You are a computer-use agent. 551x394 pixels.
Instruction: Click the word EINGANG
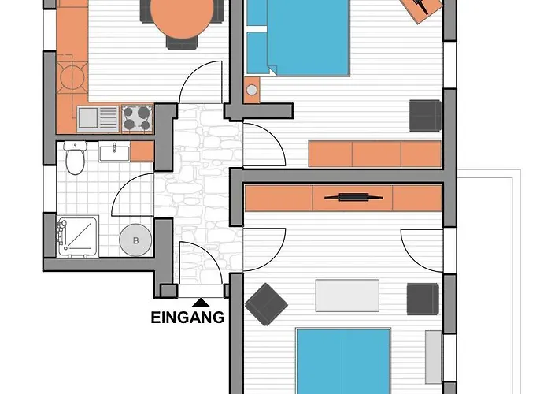(x=187, y=318)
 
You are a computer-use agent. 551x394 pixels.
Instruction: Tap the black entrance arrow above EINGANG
(x=201, y=303)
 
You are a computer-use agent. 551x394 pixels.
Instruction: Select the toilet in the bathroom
(x=76, y=158)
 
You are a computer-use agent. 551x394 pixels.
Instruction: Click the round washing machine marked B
(x=135, y=240)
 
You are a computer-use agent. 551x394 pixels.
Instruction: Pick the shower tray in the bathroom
(x=77, y=236)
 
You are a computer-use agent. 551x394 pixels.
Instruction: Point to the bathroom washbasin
(x=114, y=151)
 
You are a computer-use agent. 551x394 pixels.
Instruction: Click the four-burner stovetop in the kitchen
(x=137, y=118)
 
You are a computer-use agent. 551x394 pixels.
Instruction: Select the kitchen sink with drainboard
(x=98, y=119)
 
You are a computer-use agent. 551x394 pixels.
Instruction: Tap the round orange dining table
(x=182, y=17)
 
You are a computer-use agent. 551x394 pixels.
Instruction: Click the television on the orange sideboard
(x=353, y=197)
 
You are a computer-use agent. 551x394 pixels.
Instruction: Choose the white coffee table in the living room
(x=347, y=295)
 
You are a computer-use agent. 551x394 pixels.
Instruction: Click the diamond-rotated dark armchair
(x=266, y=304)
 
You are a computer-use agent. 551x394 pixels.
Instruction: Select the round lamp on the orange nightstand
(x=252, y=90)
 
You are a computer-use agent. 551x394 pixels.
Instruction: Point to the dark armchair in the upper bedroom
(x=426, y=116)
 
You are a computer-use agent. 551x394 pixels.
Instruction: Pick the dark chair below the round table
(x=182, y=43)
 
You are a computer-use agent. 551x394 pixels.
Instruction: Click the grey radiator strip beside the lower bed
(x=433, y=357)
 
